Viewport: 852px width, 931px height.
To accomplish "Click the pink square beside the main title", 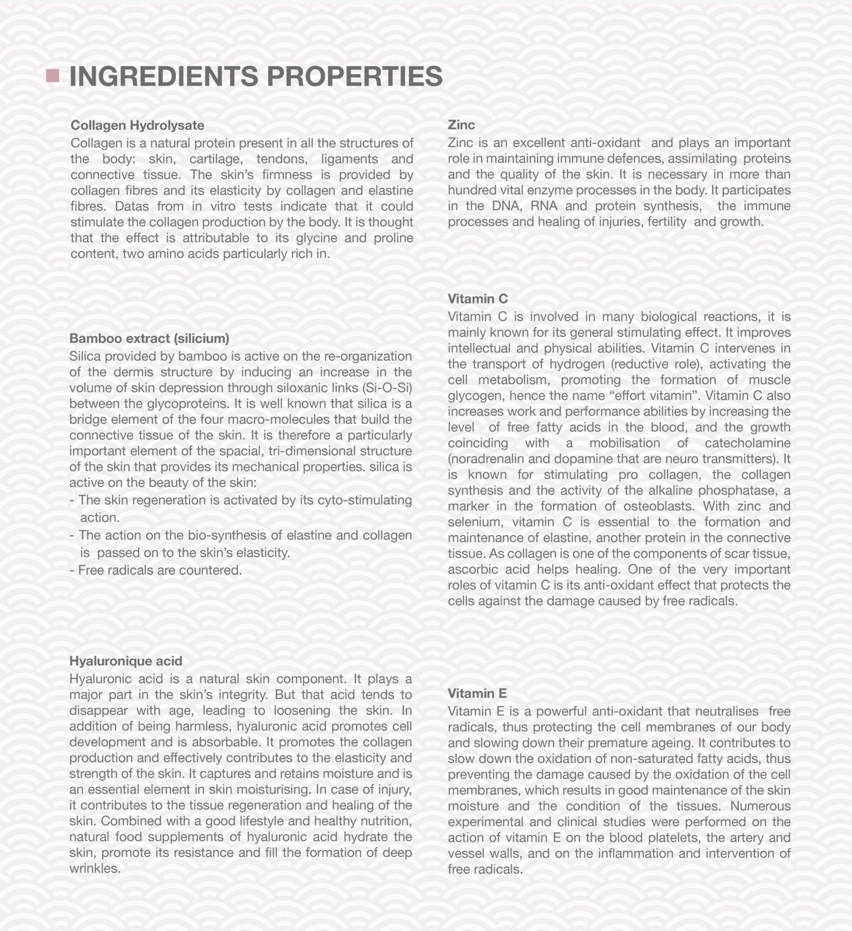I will pyautogui.click(x=52, y=76).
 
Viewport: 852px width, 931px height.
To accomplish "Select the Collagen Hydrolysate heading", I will pyautogui.click(x=137, y=125).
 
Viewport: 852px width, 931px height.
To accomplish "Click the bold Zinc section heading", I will pyautogui.click(x=461, y=125).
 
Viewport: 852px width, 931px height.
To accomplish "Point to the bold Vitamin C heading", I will pyautogui.click(x=477, y=298).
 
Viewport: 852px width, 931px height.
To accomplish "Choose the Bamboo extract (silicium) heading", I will pyautogui.click(x=149, y=338).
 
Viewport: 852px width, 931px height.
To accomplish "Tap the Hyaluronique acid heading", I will pyautogui.click(x=126, y=660).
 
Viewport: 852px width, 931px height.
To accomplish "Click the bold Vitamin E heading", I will pyautogui.click(x=477, y=693).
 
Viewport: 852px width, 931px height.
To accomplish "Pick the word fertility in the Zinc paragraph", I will pyautogui.click(x=663, y=222).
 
